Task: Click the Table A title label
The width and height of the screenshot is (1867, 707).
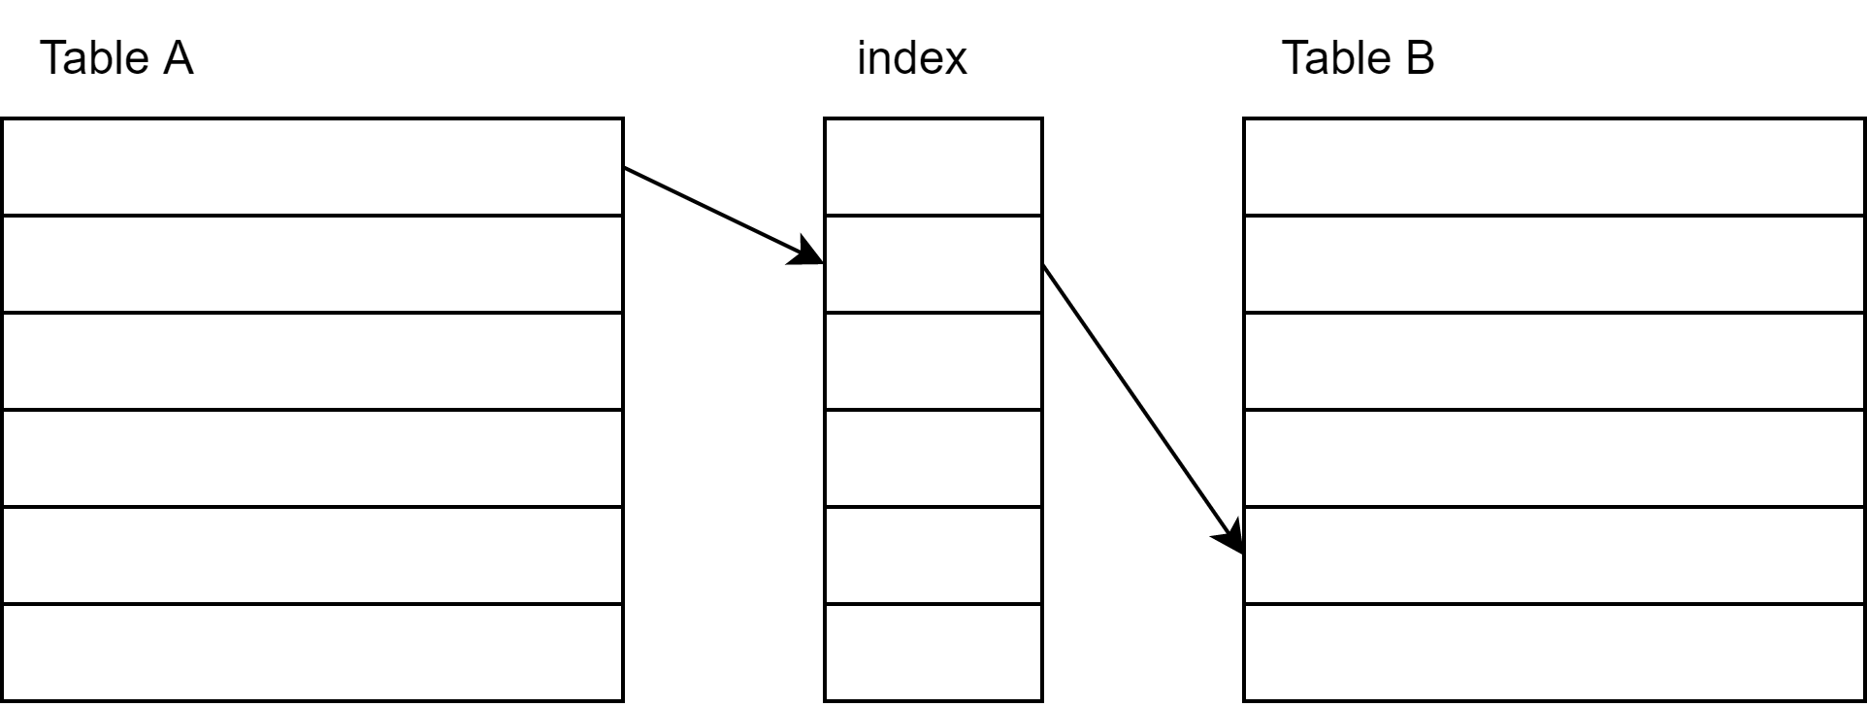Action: click(116, 58)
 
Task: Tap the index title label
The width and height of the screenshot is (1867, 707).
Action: click(911, 58)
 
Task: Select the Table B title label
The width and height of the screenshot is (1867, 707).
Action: click(1358, 58)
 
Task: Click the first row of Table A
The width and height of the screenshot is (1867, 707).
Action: click(311, 167)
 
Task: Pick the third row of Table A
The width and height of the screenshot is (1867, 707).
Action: click(311, 361)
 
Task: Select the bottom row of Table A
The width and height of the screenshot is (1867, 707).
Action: click(311, 653)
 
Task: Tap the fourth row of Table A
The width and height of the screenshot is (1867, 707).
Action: click(311, 458)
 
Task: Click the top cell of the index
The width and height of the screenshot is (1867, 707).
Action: click(933, 167)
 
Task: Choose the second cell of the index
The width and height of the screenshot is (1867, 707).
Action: click(933, 264)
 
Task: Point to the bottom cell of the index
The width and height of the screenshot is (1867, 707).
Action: click(933, 653)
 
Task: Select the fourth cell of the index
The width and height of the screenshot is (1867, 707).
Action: click(933, 458)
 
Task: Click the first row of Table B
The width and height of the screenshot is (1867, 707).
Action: click(1554, 167)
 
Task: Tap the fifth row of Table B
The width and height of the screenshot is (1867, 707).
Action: click(1554, 555)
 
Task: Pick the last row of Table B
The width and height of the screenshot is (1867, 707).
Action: click(1554, 653)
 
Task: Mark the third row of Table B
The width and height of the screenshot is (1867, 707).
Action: click(1554, 361)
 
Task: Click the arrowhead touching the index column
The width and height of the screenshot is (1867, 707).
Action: click(807, 252)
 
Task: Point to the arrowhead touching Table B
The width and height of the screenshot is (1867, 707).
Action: click(1230, 537)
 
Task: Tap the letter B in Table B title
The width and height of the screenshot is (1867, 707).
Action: click(1419, 58)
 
